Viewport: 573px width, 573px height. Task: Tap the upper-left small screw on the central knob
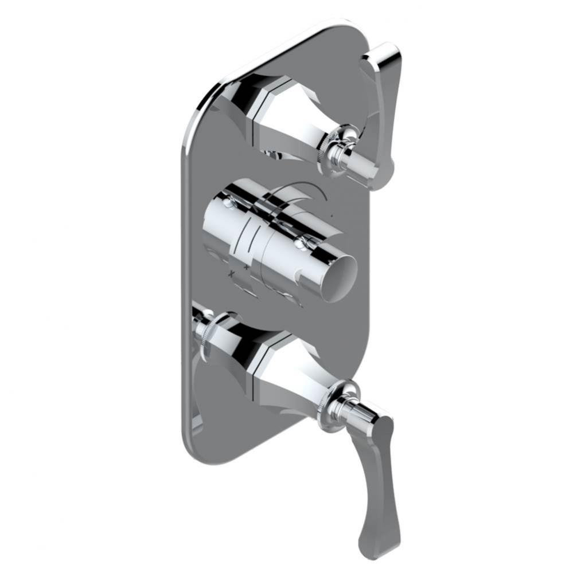[x=229, y=202]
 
